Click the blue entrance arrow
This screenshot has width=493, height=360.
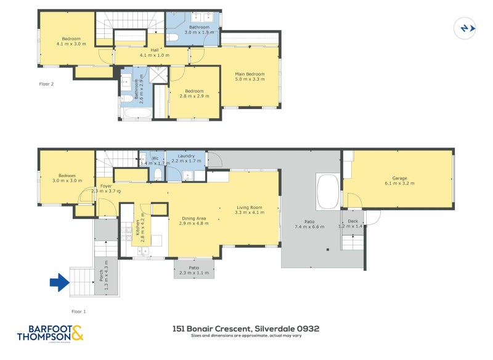[59, 284]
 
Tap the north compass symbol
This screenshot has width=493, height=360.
[465, 28]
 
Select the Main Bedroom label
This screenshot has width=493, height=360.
[250, 76]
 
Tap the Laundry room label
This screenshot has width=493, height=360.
[186, 157]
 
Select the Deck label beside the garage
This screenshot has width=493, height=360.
[352, 221]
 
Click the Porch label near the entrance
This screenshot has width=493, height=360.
[102, 276]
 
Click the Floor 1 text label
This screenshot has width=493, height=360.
[79, 311]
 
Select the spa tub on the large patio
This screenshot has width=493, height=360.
[327, 192]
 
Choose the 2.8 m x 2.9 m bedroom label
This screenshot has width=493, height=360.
[195, 93]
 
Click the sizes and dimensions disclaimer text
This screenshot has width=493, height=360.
[246, 337]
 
